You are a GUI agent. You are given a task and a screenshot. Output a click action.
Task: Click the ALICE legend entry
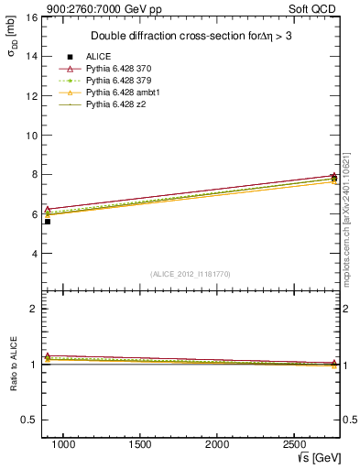98,56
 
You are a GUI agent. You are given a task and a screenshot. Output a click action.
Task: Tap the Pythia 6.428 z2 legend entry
119,105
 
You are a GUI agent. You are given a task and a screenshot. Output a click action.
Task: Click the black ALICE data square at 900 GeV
48,221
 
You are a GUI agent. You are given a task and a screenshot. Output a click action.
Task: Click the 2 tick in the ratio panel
33,309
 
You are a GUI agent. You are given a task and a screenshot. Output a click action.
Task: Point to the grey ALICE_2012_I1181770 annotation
191,273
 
